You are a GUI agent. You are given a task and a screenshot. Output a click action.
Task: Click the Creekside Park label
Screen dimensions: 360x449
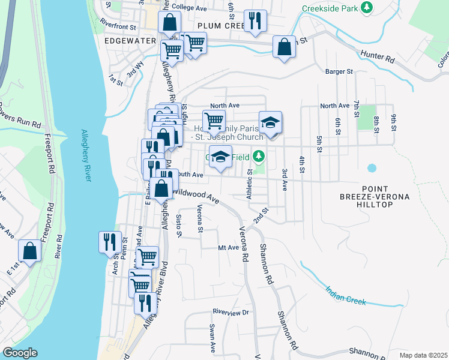point(330,8)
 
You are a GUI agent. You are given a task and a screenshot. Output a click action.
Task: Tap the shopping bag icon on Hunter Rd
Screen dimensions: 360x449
point(284,47)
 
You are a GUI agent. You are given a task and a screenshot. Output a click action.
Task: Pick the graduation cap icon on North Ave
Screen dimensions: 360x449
point(270,123)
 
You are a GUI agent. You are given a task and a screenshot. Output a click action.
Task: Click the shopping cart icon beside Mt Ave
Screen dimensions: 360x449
point(147,257)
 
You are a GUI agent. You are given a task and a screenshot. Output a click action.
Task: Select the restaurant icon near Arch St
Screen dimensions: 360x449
point(110,242)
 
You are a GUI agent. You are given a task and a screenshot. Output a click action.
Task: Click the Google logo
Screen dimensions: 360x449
point(20,353)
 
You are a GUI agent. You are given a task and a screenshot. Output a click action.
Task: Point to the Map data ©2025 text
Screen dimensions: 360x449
point(424,355)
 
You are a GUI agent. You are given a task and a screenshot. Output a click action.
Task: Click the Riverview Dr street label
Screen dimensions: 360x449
point(231,312)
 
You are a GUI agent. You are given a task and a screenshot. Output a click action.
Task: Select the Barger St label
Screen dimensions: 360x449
point(339,71)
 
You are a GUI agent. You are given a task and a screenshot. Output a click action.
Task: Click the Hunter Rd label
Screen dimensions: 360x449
point(378,57)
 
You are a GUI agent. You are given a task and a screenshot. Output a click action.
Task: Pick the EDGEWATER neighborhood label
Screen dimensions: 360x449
point(130,41)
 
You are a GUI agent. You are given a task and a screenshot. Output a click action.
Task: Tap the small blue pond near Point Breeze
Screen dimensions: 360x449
point(372,168)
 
